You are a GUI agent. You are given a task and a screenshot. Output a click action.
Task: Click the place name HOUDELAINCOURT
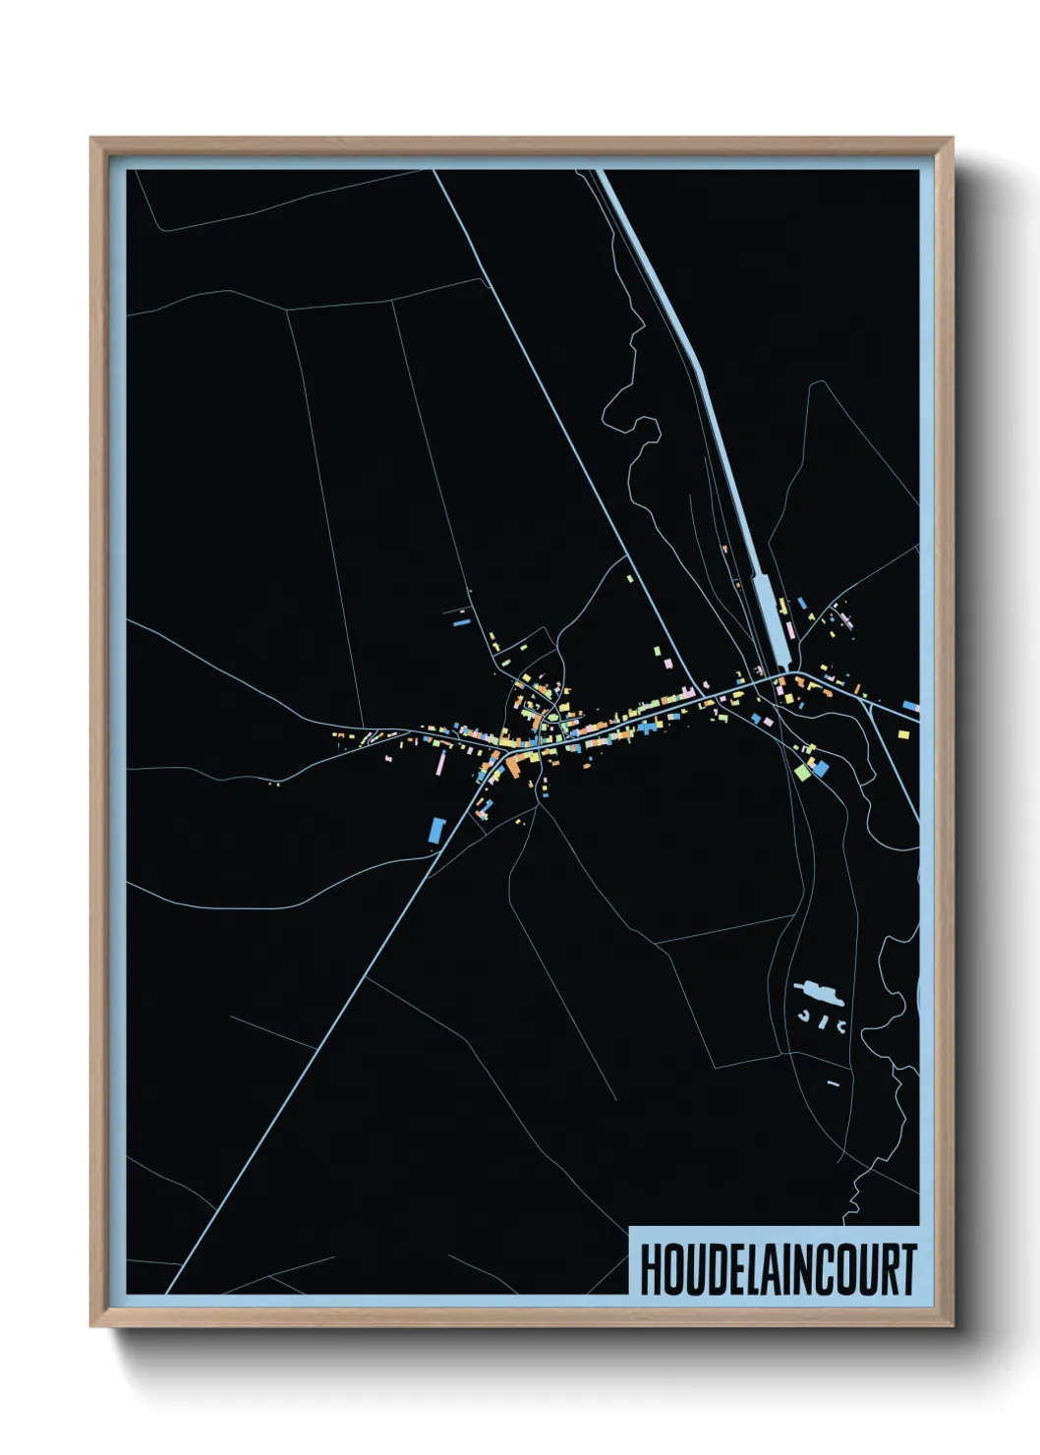[778, 1269]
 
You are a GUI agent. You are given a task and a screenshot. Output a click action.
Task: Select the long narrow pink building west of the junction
[441, 763]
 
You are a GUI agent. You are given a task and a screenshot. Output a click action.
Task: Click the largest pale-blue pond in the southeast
[819, 992]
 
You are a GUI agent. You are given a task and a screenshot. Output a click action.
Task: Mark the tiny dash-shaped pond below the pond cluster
[833, 1083]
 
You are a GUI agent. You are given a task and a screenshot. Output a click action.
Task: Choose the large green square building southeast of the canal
[803, 772]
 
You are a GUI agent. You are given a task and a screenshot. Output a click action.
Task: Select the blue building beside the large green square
[820, 768]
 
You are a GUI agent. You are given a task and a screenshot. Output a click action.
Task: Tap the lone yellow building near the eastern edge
[904, 731]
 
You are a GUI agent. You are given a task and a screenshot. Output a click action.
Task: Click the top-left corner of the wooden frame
[91, 139]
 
